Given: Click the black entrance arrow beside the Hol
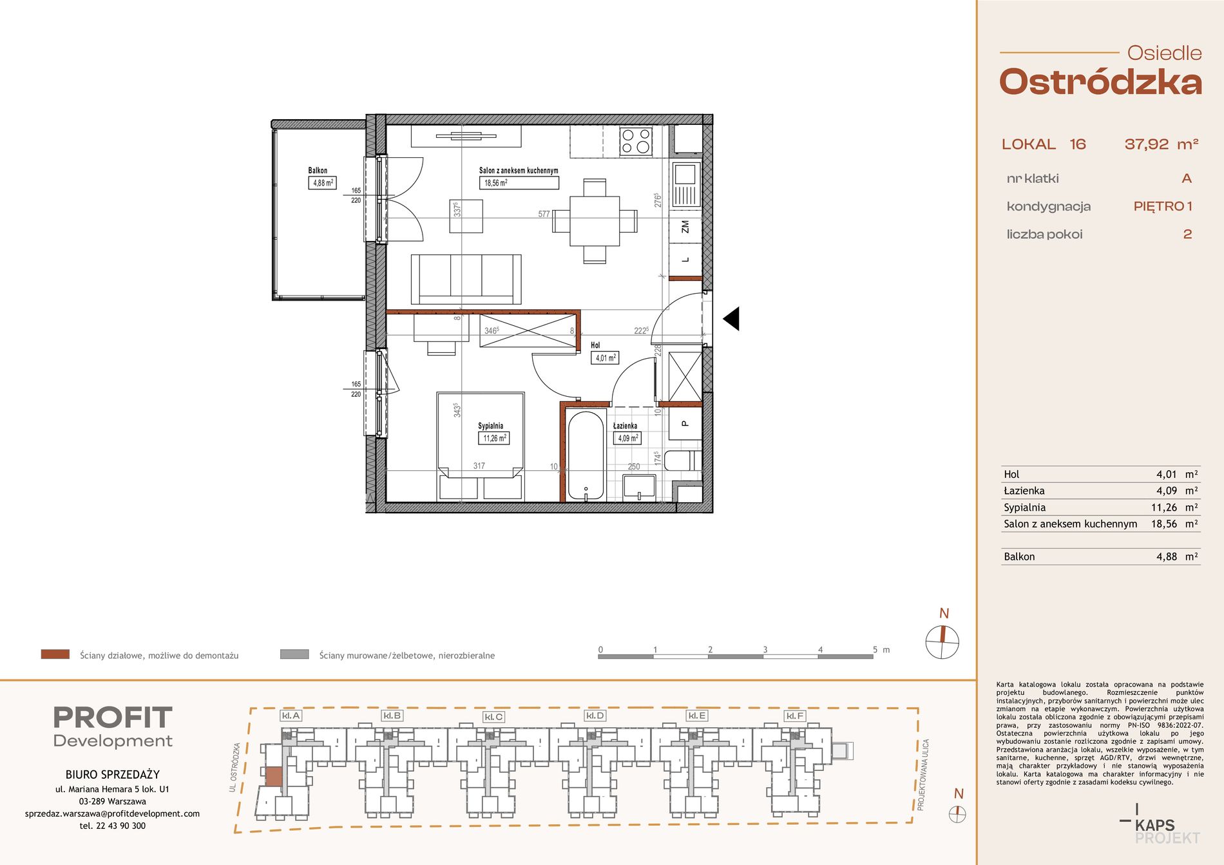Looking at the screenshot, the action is (x=731, y=318).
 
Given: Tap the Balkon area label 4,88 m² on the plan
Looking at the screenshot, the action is (x=323, y=183).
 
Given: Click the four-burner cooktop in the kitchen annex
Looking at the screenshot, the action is (x=636, y=141).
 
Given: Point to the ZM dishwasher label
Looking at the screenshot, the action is (x=685, y=227).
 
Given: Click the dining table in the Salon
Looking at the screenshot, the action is (x=595, y=221).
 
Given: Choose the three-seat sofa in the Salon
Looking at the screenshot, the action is (x=466, y=279).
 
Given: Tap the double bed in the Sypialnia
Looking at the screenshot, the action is (x=481, y=446).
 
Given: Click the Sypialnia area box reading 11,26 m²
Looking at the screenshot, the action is (x=494, y=438).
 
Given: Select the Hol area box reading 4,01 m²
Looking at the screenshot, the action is (x=605, y=357).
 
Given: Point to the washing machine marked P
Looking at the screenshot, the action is (x=684, y=424).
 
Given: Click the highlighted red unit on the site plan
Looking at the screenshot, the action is (x=274, y=776).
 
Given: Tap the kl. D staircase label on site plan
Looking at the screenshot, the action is (x=595, y=716).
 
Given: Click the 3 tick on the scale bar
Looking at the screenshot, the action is (x=765, y=650).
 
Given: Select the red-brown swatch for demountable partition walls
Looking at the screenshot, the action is (x=55, y=654).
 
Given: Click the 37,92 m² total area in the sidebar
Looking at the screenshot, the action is (x=1162, y=144).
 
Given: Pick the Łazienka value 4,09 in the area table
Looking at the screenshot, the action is (x=1167, y=491).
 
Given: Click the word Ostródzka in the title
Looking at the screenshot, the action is (x=1101, y=83).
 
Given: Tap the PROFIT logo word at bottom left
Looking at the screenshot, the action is (x=113, y=718).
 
